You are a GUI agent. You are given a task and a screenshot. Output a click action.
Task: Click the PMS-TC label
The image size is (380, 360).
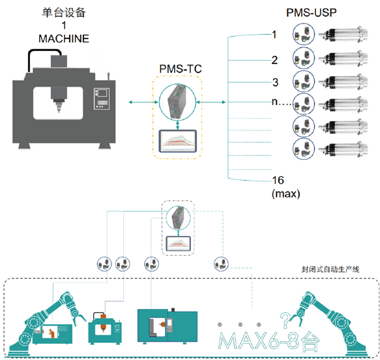pyautogui.click(x=181, y=69)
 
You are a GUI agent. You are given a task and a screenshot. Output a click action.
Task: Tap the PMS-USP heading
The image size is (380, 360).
pyautogui.click(x=312, y=12)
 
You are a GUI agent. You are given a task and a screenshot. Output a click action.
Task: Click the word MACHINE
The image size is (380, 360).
pyautogui.click(x=64, y=38)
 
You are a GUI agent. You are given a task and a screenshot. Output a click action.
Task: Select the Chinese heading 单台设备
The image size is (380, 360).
pyautogui.click(x=64, y=12)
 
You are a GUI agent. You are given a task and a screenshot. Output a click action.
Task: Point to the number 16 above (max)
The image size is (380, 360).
pyautogui.click(x=278, y=180)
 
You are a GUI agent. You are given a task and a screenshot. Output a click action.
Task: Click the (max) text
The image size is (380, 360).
pyautogui.click(x=285, y=194)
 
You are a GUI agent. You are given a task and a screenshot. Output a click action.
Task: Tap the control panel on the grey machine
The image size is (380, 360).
pyautogui.click(x=102, y=98)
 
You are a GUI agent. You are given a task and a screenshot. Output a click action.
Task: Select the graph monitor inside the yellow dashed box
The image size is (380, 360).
pyautogui.click(x=178, y=141)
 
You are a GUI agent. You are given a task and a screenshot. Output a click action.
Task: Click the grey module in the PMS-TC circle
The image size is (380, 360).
pyautogui.click(x=177, y=102)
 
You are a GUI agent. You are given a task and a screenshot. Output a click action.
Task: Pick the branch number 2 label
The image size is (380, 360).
pyautogui.click(x=274, y=60)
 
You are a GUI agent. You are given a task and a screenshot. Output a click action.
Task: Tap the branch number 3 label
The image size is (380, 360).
pyautogui.click(x=275, y=82)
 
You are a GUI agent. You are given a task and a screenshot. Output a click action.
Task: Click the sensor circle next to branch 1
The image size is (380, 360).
pyautogui.click(x=304, y=34)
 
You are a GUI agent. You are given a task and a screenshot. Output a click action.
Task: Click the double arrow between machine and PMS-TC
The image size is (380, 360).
pyautogui.click(x=143, y=102)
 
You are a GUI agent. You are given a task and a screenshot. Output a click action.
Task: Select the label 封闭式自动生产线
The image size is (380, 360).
pyautogui.click(x=330, y=269)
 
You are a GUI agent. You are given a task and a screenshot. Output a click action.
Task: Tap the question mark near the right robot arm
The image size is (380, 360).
pyautogui.click(x=285, y=320)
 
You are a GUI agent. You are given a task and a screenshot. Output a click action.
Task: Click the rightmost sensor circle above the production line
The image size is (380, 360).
pyautogui.click(x=221, y=264)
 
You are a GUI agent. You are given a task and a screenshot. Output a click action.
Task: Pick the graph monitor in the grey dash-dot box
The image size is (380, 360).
pyautogui.click(x=178, y=244)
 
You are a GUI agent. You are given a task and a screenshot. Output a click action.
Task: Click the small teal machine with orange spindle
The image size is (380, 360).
pyautogui.click(x=105, y=328)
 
